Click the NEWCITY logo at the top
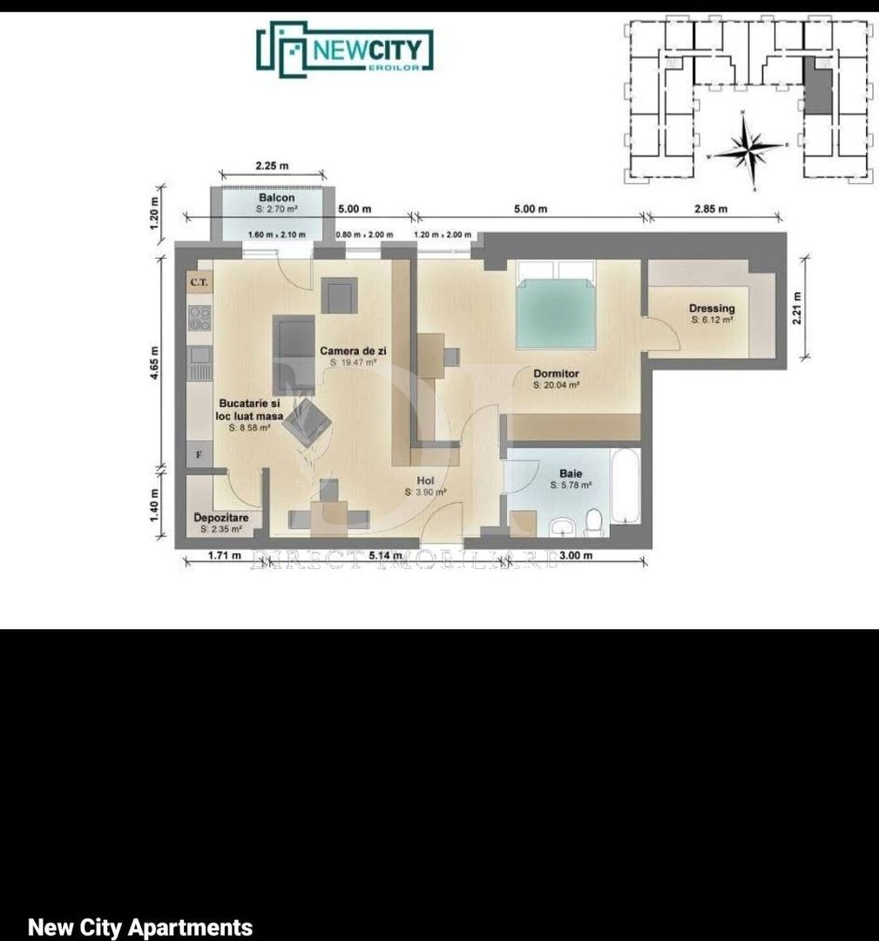point(345,49)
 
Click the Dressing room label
point(712,308)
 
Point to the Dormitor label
point(556,374)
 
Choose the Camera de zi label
point(353,351)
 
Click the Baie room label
point(571,474)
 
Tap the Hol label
point(425,481)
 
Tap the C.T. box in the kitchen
point(198,282)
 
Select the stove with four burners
point(199,317)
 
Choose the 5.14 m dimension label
point(385,556)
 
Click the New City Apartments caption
point(140,927)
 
